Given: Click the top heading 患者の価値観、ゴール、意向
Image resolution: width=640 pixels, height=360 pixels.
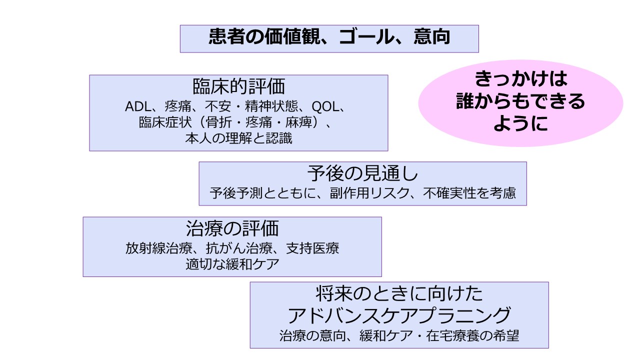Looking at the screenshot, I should tap(329, 37).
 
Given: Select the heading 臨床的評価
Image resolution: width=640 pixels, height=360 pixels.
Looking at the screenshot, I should tap(238, 86).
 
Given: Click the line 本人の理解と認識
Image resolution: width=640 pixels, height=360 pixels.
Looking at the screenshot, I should tap(238, 138).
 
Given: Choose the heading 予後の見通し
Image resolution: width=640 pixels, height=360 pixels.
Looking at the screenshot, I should tap(362, 173).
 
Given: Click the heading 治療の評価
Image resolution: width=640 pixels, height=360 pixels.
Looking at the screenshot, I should tap(232, 228).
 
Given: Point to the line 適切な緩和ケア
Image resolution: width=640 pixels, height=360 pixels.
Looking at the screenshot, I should tap(232, 264).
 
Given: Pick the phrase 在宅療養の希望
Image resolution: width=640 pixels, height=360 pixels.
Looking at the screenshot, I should tap(477, 335).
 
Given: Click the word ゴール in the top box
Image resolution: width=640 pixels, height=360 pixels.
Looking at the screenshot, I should tap(363, 37).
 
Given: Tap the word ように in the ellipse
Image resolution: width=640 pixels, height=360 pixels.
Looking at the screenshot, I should tap(520, 123).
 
